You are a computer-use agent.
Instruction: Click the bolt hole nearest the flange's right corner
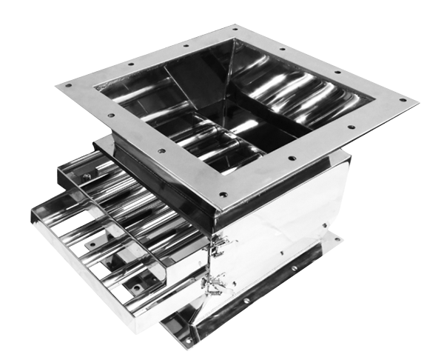click(403, 101)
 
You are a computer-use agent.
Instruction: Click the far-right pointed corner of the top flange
click(418, 100)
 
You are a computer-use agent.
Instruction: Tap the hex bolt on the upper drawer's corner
click(87, 176)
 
